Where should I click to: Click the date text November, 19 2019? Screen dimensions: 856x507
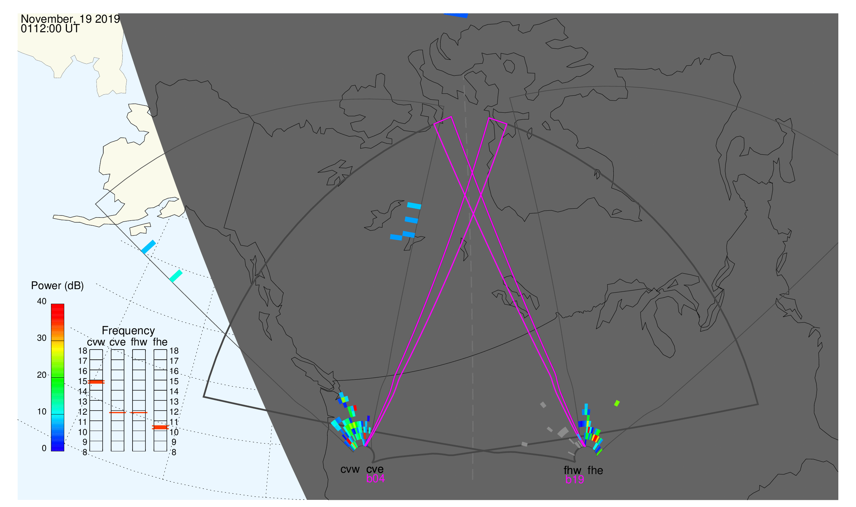[x=70, y=19]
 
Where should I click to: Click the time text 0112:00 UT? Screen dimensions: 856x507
[x=50, y=29]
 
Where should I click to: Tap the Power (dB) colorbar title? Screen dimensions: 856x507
[x=57, y=286]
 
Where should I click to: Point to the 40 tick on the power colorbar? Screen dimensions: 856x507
[x=42, y=301]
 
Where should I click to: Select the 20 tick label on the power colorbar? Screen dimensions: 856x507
[x=42, y=375]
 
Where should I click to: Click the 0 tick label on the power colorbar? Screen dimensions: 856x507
[x=44, y=448]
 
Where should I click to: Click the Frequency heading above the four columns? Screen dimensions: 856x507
[x=128, y=331]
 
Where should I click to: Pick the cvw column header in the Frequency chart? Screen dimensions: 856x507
[x=96, y=342]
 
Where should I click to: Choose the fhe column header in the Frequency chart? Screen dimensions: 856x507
[x=160, y=342]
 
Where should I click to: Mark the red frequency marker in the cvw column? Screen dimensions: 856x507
[x=96, y=382]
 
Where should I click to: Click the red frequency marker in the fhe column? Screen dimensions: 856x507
[x=160, y=427]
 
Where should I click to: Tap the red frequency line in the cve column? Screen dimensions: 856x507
[x=117, y=413]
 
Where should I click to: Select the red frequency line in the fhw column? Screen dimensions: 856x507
[x=139, y=413]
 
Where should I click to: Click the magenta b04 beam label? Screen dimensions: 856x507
[x=375, y=479]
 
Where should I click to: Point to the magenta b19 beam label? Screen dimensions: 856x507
[x=574, y=480]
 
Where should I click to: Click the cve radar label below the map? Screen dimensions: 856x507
[x=375, y=469]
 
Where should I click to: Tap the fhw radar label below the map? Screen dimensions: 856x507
[x=572, y=470]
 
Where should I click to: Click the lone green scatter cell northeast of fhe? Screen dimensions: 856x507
[x=617, y=403]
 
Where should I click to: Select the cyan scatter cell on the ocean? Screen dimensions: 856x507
[x=176, y=276]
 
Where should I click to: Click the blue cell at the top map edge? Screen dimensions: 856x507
[x=456, y=15]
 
